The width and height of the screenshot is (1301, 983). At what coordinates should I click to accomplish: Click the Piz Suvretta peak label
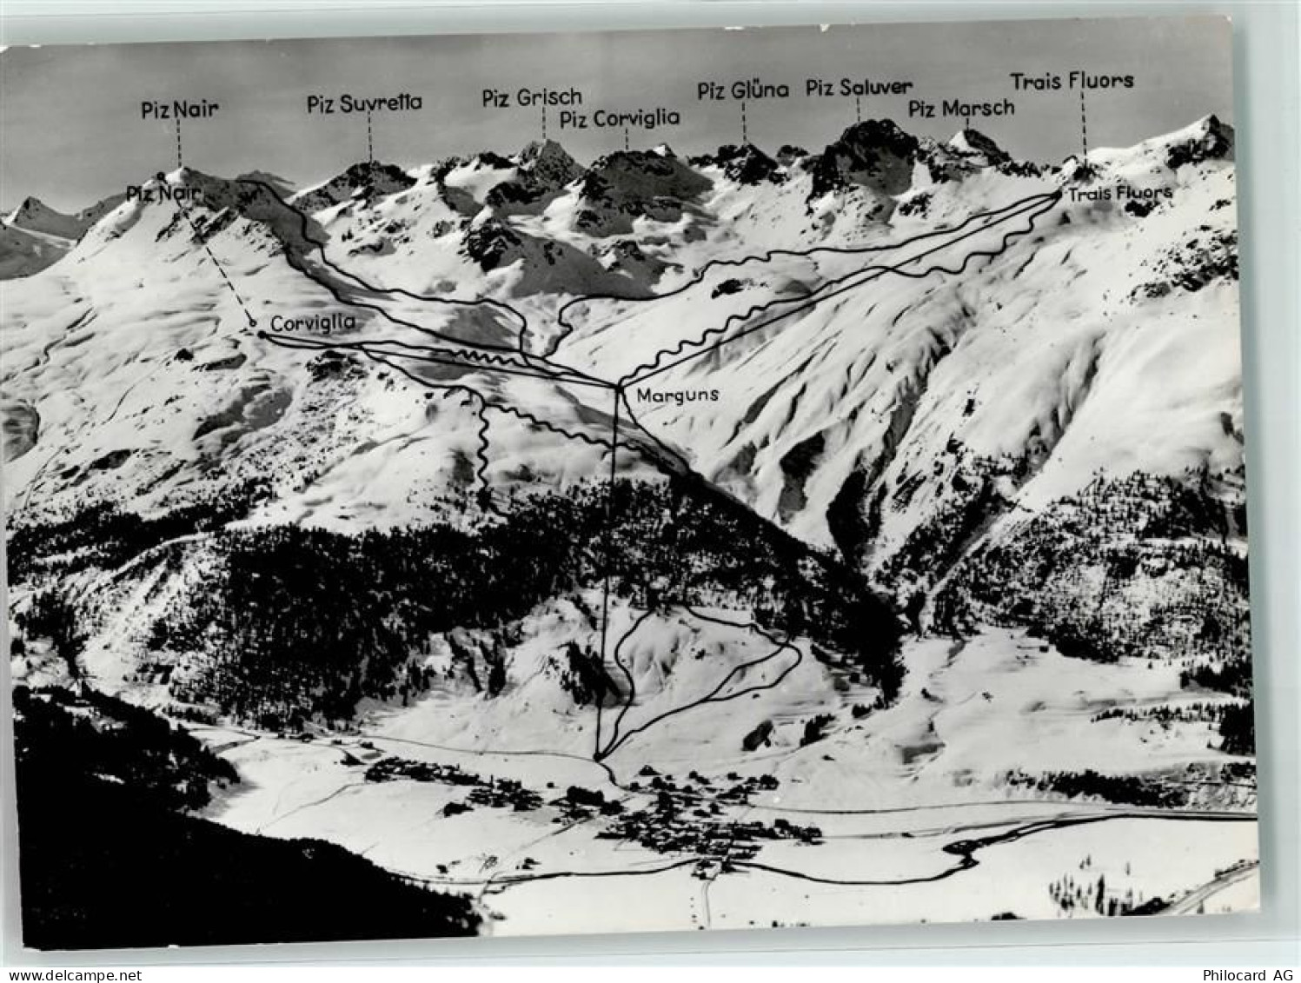tap(364, 103)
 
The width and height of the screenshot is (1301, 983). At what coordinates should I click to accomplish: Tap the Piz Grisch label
tap(531, 97)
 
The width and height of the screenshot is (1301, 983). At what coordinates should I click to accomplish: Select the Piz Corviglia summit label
tap(619, 118)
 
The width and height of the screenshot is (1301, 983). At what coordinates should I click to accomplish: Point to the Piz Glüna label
tap(742, 90)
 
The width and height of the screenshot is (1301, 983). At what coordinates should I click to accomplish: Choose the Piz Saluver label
tap(859, 87)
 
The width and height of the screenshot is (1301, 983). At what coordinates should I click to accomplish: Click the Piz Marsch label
tap(961, 109)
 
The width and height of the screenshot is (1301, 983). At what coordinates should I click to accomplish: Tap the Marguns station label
tap(678, 395)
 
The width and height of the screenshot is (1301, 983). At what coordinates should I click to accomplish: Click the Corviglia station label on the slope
tap(312, 322)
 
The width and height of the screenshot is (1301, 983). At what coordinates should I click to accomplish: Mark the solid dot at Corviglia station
tap(261, 334)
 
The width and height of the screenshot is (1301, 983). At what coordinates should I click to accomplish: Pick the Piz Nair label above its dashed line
tap(179, 110)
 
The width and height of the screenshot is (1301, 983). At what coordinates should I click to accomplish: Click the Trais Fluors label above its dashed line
tap(1071, 81)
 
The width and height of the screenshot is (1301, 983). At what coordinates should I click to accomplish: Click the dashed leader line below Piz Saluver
tap(859, 109)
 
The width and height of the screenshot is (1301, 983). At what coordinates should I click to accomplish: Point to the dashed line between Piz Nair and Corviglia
tap(217, 261)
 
